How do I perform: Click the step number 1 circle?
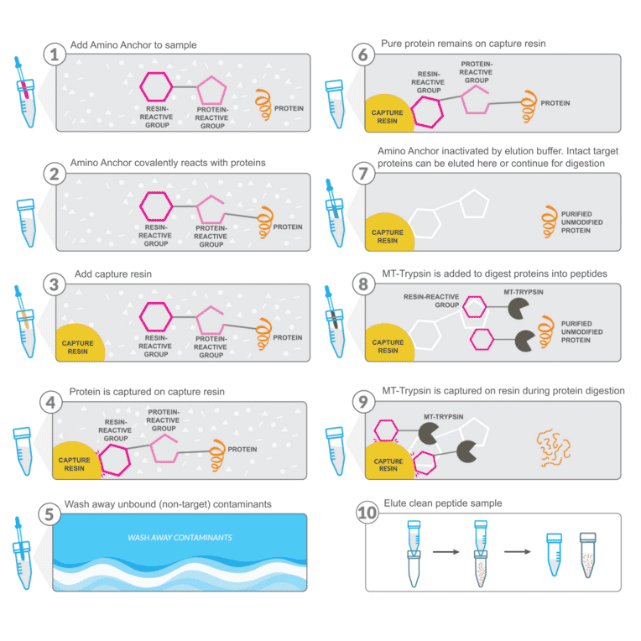(x=55, y=55)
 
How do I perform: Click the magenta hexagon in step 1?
(x=155, y=87)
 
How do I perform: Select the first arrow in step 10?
(x=449, y=553)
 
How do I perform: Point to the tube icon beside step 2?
(x=26, y=221)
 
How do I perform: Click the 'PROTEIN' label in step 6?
(x=555, y=103)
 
